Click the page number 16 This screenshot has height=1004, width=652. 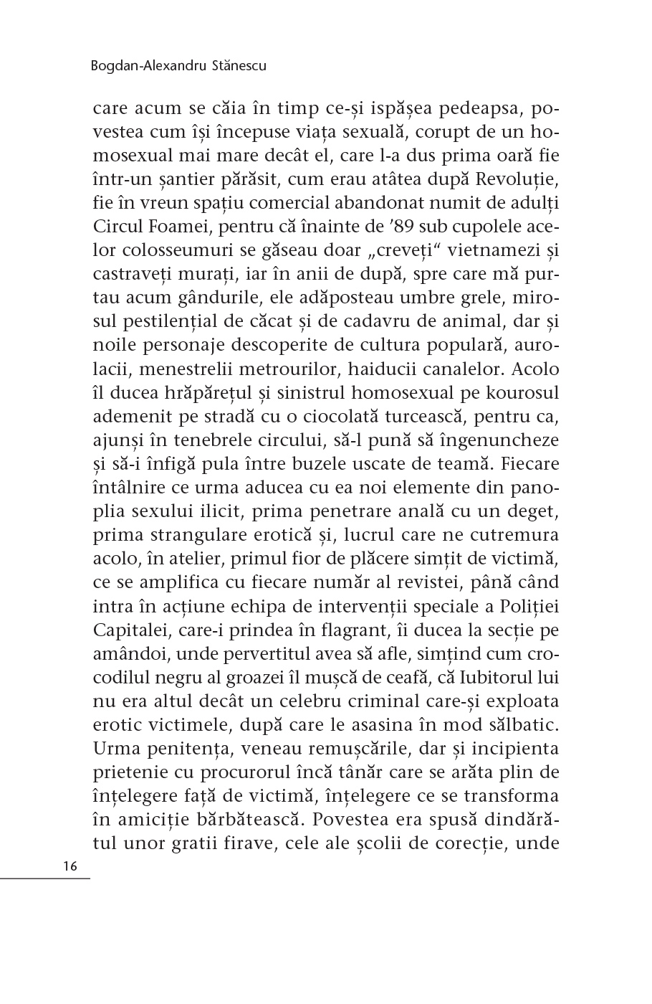pos(69,866)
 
